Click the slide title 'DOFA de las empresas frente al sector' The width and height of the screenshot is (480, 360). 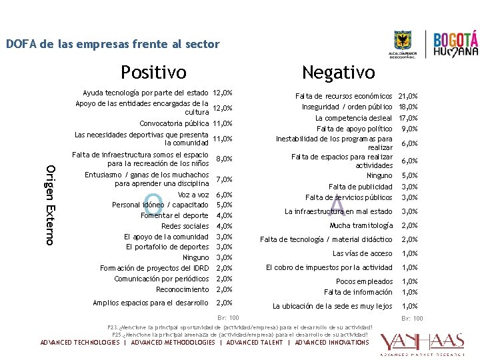[113, 45]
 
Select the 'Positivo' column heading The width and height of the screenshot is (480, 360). [153, 71]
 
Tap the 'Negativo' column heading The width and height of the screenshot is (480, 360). [338, 71]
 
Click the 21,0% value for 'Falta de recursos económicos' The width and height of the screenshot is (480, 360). [407, 97]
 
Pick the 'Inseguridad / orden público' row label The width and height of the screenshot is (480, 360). [347, 107]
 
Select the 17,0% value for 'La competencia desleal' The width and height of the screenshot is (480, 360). [407, 118]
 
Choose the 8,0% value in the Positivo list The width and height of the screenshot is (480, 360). [225, 159]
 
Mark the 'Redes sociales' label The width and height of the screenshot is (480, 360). [185, 226]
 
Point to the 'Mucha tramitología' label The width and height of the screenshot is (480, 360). [361, 225]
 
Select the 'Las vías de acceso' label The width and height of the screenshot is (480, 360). [362, 253]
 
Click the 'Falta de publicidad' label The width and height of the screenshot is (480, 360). [360, 187]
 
